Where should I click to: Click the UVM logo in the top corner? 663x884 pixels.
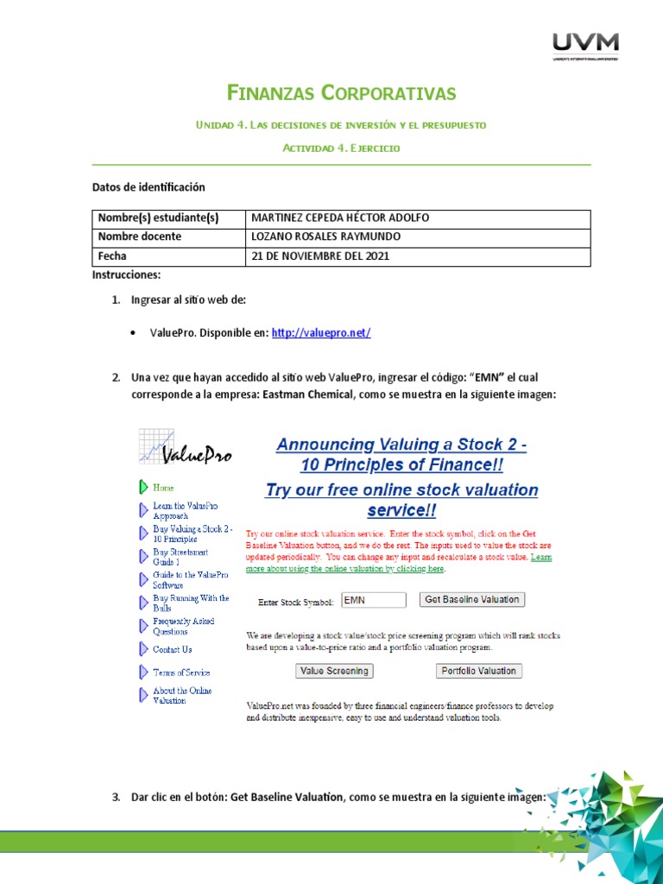[584, 47]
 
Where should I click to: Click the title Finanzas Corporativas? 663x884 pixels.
[341, 93]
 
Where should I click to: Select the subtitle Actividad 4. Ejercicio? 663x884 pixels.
[341, 148]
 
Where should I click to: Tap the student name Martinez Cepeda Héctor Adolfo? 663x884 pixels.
[339, 218]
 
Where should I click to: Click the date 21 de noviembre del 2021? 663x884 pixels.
[320, 256]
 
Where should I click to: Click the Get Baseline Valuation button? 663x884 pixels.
[471, 599]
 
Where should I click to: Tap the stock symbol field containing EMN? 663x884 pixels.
[373, 600]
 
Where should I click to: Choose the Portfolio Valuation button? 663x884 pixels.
[478, 671]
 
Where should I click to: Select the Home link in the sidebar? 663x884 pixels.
[163, 488]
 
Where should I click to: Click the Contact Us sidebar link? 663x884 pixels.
[172, 649]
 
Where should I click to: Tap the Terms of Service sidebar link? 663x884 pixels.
[181, 672]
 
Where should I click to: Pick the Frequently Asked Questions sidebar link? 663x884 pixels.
[183, 626]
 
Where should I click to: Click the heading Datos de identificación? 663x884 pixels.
[148, 187]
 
